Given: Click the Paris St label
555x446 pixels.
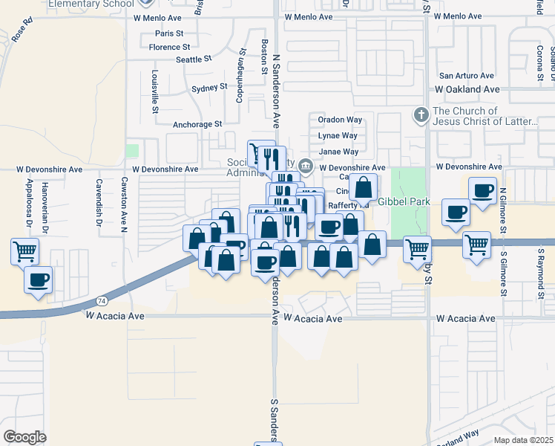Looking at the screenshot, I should [x=169, y=33].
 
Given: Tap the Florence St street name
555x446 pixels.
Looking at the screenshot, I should [x=171, y=47].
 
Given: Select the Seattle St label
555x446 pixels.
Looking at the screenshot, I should [x=194, y=59].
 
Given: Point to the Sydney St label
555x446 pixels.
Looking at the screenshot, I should [x=209, y=87].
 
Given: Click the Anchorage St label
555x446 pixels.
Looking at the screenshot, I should [x=197, y=124].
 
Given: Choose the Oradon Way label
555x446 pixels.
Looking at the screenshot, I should [x=340, y=119].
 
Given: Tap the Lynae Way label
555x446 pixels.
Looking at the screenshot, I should [x=338, y=135].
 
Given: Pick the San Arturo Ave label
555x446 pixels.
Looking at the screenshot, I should [x=467, y=76].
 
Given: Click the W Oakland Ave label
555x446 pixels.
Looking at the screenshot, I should [x=467, y=89].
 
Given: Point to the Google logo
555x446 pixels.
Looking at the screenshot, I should [x=24, y=437].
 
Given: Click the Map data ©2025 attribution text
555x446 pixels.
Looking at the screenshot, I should [x=523, y=440].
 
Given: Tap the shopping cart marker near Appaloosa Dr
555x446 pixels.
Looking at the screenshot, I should [x=24, y=251].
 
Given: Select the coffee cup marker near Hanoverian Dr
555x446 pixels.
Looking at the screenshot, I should [x=38, y=280].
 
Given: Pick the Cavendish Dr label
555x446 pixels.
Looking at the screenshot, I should [x=98, y=203].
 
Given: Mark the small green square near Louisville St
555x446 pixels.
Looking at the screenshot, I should [x=132, y=151].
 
